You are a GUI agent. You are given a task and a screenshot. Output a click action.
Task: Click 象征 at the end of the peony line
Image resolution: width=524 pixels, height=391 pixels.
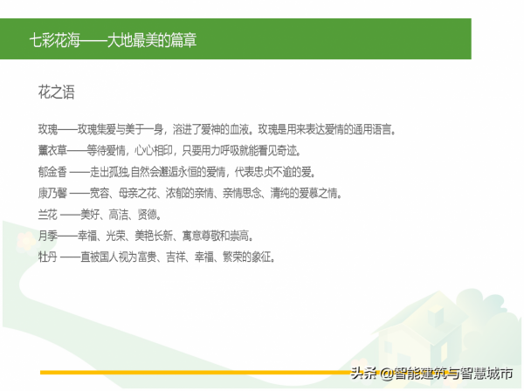click(263, 256)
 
